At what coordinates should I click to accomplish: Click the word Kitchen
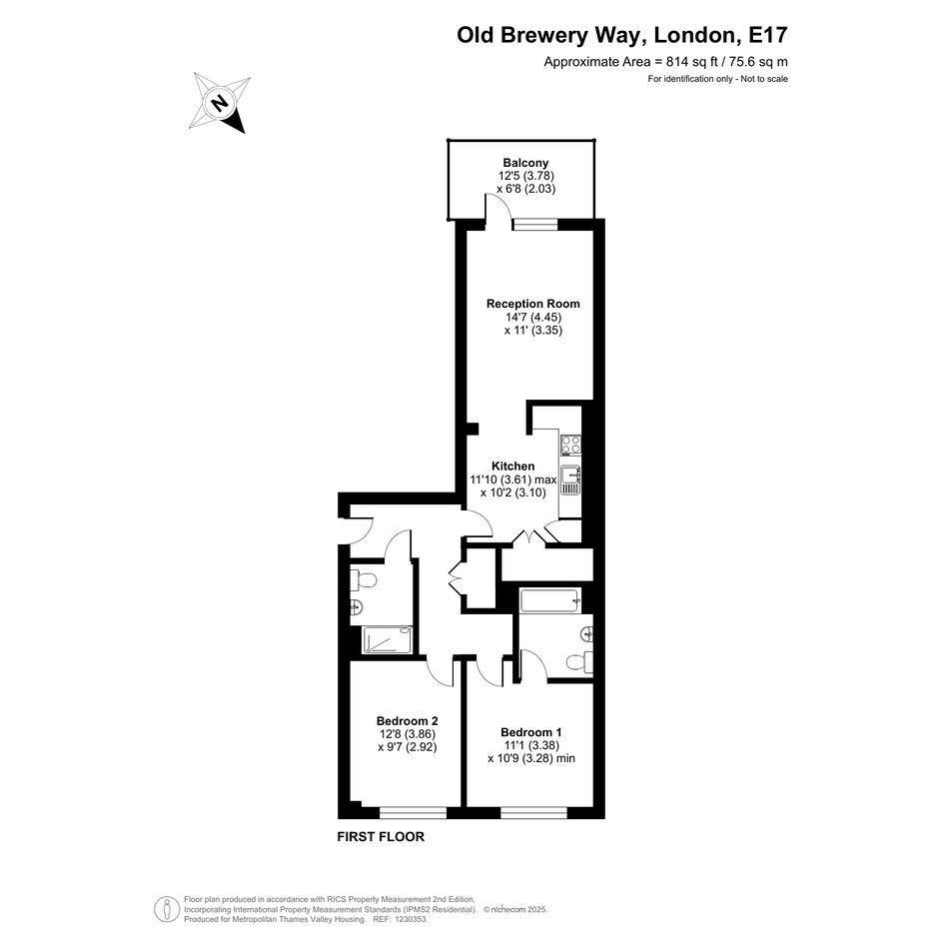click(x=512, y=466)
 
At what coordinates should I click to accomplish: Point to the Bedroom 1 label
click(x=531, y=732)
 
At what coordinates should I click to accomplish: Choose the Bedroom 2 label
click(x=407, y=720)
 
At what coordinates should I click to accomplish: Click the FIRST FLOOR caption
click(x=381, y=837)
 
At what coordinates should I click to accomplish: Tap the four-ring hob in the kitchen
click(x=570, y=445)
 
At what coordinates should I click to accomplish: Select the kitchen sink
click(x=570, y=480)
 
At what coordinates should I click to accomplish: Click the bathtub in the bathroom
click(x=550, y=600)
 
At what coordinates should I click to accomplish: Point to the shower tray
click(x=388, y=640)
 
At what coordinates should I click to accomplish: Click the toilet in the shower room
click(x=363, y=581)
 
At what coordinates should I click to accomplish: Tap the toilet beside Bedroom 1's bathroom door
click(x=579, y=663)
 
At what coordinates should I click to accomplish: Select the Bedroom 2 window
click(x=413, y=813)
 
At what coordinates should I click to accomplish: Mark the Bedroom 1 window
click(x=534, y=813)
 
